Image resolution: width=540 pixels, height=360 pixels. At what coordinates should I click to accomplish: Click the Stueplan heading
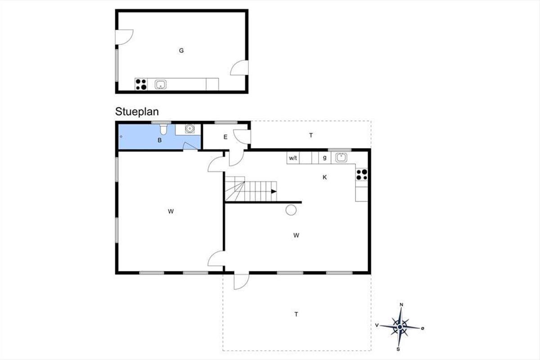pos(137,112)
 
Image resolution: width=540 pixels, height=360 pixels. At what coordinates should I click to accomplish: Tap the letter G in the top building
pos(181,51)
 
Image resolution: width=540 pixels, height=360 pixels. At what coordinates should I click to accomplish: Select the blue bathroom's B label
pos(160,140)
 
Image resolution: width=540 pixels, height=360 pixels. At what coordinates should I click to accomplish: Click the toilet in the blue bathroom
pos(163,130)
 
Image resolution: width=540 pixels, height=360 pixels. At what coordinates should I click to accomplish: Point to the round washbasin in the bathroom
pos(190,129)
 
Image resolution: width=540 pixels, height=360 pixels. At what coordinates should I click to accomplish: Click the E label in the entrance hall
pos(225,137)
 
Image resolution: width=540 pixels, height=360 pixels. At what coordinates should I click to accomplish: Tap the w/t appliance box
pos(293,158)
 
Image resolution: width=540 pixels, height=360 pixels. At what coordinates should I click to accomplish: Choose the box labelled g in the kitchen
pos(325,158)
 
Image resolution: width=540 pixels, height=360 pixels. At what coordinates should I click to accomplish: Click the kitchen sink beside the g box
pos(341,157)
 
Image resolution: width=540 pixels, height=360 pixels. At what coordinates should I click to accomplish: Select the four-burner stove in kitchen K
pos(362,175)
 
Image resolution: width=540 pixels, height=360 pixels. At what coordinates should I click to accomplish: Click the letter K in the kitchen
pos(325,177)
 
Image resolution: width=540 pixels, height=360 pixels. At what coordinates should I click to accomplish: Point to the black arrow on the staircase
pos(274,191)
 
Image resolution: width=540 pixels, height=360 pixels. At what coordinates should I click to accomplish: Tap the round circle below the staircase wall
pos(291,210)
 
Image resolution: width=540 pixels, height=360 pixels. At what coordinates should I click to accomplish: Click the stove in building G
pos(141,84)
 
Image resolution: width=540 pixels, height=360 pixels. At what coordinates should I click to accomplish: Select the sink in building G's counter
pos(161,85)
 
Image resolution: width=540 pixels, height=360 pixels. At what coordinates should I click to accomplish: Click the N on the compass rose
pos(401,305)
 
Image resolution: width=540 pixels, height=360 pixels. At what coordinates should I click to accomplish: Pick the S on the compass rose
pos(398,349)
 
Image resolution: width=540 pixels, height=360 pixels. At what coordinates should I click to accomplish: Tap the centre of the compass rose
pos(400,327)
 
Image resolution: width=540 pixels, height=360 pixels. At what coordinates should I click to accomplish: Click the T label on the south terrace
pos(296,314)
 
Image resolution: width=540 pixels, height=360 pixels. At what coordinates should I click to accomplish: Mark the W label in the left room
pos(171,211)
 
